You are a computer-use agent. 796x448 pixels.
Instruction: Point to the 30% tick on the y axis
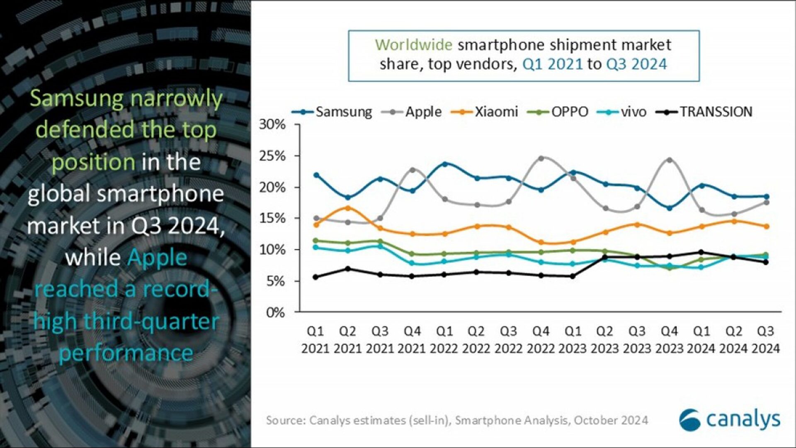[272, 124]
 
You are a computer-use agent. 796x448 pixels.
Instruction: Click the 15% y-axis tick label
[272, 218]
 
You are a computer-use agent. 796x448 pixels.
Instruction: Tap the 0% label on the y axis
[275, 312]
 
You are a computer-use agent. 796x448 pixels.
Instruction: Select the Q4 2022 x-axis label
[541, 340]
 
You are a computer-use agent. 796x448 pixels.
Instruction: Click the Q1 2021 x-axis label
[315, 340]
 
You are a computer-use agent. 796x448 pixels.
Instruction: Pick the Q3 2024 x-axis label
[766, 340]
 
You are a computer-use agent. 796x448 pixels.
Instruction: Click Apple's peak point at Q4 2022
[541, 158]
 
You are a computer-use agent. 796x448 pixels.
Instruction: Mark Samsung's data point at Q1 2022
[445, 164]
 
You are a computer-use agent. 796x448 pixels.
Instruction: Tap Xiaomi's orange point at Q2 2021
[348, 208]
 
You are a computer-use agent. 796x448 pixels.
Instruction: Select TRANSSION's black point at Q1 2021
[315, 277]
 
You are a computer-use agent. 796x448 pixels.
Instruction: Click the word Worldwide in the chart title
[413, 45]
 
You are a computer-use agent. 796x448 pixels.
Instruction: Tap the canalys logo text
[743, 419]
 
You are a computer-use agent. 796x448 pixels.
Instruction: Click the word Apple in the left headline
[157, 258]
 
